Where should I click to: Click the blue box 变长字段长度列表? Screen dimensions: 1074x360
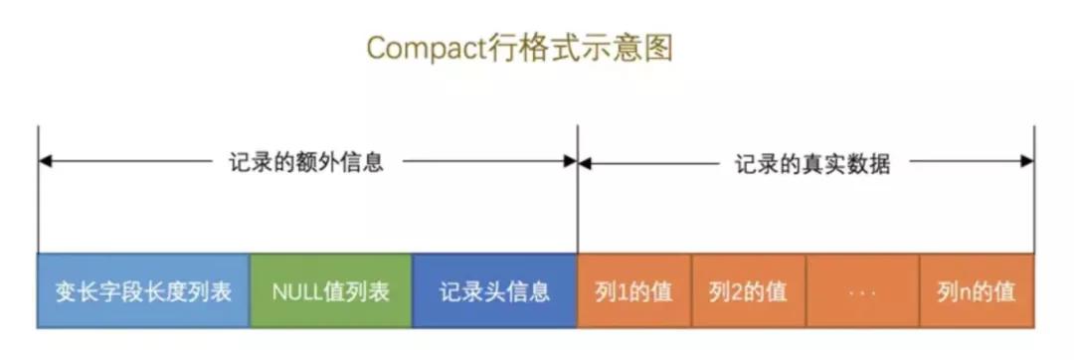pyautogui.click(x=143, y=291)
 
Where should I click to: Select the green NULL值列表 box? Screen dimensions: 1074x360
pyautogui.click(x=330, y=291)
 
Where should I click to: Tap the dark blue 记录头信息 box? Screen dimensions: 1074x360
pyautogui.click(x=494, y=291)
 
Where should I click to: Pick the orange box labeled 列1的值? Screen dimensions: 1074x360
pyautogui.click(x=633, y=291)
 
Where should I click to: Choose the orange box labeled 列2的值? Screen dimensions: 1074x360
pyautogui.click(x=748, y=291)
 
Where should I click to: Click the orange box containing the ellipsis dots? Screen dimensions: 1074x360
pyautogui.click(x=862, y=291)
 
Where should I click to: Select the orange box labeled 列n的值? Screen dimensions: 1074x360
pyautogui.click(x=976, y=291)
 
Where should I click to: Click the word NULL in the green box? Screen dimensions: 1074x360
pyautogui.click(x=295, y=291)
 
